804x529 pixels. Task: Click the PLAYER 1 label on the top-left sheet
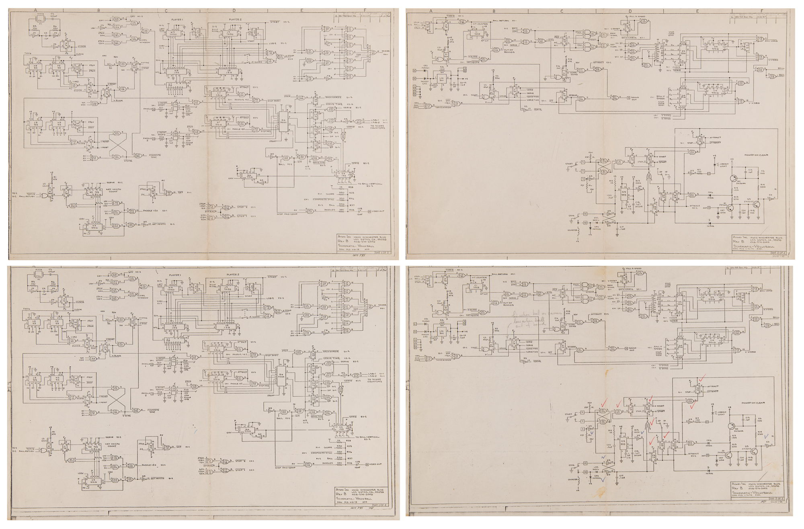(177, 19)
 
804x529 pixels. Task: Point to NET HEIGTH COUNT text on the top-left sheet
(113, 190)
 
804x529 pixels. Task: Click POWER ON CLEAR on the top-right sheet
(756, 155)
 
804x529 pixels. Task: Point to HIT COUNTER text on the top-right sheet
(480, 24)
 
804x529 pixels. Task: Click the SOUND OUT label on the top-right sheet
(635, 98)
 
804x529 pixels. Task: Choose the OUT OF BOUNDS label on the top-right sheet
(509, 51)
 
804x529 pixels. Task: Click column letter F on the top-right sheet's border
(761, 11)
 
